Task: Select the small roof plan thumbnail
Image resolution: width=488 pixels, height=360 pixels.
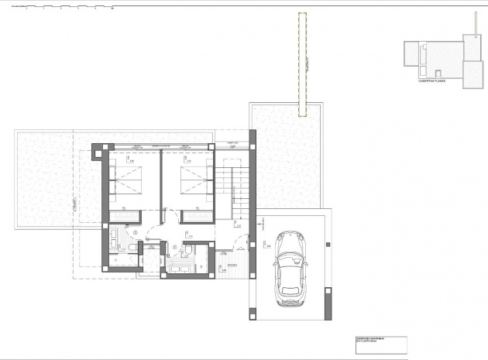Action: [x=442, y=57]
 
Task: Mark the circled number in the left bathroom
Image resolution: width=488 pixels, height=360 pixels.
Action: [x=135, y=232]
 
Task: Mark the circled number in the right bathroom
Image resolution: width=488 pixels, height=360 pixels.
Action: [x=175, y=249]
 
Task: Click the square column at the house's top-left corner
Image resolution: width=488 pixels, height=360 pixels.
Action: [x=97, y=153]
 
